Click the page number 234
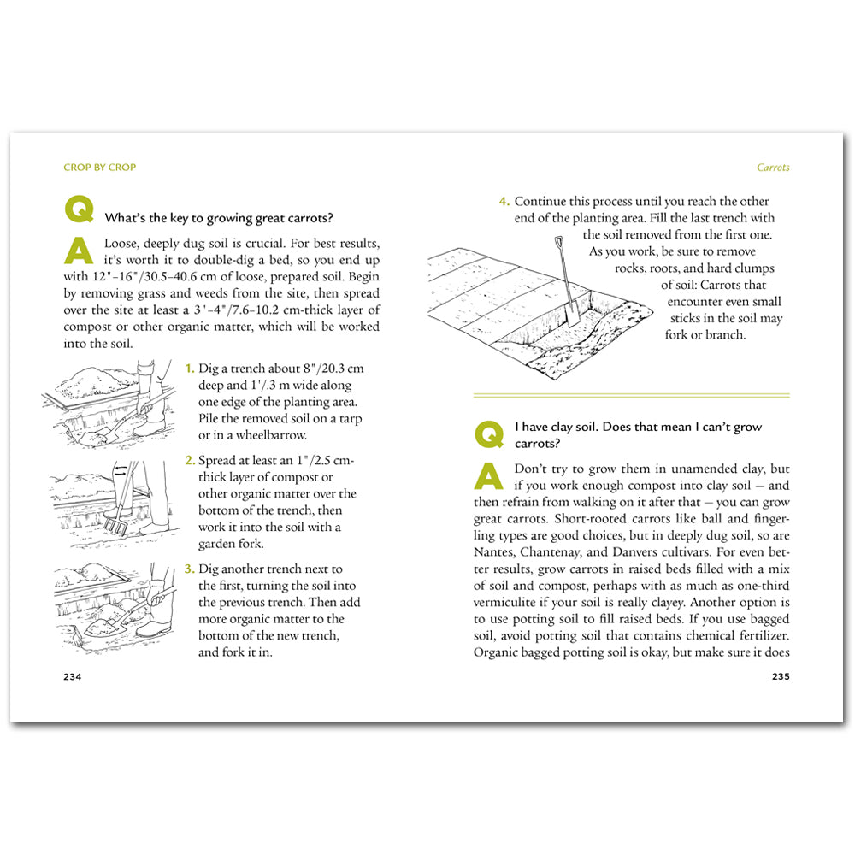pyautogui.click(x=72, y=676)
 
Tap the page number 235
pyautogui.click(x=780, y=676)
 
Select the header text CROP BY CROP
pyautogui.click(x=99, y=168)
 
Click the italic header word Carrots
pyautogui.click(x=773, y=168)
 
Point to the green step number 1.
pyautogui.click(x=190, y=369)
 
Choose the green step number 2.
pyautogui.click(x=191, y=461)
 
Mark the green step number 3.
pyautogui.click(x=191, y=569)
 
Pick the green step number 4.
pyautogui.click(x=504, y=202)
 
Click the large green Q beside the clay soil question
pyautogui.click(x=488, y=433)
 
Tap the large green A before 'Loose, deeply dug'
pyautogui.click(x=80, y=251)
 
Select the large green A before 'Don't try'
pyautogui.click(x=488, y=476)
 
